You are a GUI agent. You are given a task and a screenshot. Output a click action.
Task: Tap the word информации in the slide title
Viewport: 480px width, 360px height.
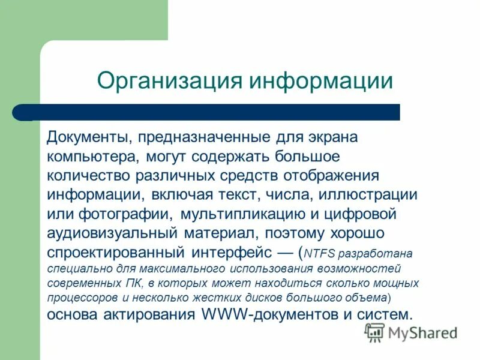point(322,80)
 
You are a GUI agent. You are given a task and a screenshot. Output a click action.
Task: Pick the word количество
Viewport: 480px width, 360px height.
point(88,175)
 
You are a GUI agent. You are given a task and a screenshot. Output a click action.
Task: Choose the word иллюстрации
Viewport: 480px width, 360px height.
point(368,194)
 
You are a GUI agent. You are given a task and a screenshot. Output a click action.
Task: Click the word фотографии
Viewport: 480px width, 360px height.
point(122,214)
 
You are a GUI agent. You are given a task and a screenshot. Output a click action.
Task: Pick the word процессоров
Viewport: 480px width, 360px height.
point(77,297)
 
